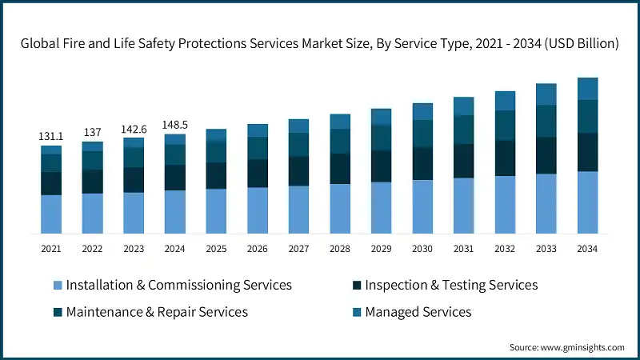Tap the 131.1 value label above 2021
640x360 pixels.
point(51,137)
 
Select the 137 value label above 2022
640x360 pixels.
point(92,133)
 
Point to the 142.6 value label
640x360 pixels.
point(134,129)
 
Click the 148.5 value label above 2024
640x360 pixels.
point(175,125)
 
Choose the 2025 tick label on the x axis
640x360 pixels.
point(216,249)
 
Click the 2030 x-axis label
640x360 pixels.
point(422,249)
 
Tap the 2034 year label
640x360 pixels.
point(588,249)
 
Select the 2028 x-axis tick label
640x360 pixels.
point(340,249)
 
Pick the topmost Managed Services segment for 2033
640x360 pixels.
point(546,94)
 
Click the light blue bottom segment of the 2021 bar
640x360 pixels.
point(51,214)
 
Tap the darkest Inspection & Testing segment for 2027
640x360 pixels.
point(298,170)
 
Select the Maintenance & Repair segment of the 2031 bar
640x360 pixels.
point(464,130)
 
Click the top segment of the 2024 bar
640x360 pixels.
point(175,139)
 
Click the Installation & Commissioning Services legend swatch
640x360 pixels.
point(57,286)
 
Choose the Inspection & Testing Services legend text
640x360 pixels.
point(451,286)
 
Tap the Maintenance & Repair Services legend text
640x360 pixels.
point(157,312)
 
